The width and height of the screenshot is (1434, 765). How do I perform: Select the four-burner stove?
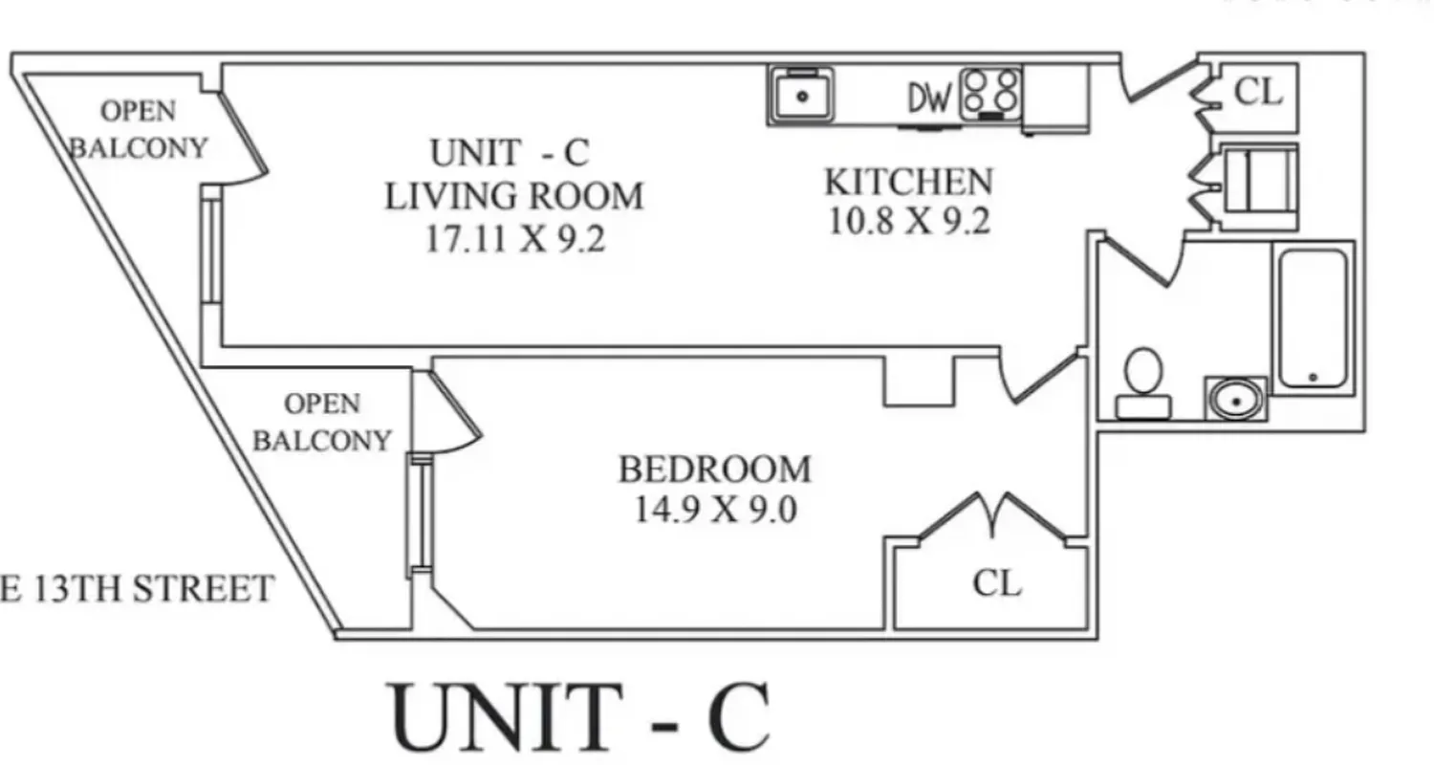tap(990, 94)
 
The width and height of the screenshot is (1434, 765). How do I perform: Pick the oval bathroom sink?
tap(1236, 398)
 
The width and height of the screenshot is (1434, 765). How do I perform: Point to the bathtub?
tap(1313, 317)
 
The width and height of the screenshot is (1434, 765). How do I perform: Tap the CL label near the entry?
tap(1257, 92)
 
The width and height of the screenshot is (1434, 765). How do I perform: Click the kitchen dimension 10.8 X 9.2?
tap(908, 222)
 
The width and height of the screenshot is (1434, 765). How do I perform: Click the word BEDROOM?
tap(714, 470)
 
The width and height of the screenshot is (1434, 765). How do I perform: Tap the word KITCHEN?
tap(908, 181)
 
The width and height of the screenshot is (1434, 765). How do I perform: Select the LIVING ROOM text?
tap(514, 197)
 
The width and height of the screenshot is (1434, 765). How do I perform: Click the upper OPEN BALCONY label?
tap(140, 130)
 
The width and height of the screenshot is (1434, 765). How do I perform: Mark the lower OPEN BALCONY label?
tap(322, 422)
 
